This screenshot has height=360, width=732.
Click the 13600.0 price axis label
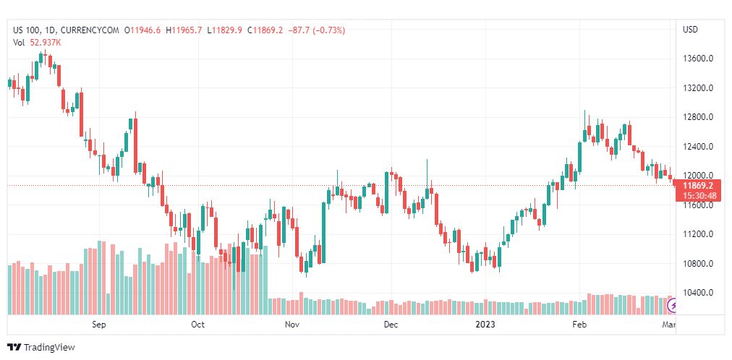point(699,59)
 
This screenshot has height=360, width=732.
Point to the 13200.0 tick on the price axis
point(699,88)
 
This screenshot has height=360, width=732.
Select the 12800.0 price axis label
point(699,117)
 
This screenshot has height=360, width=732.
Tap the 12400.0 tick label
point(699,147)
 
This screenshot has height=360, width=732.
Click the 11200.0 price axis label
point(699,234)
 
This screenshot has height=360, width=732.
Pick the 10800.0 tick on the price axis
point(699,264)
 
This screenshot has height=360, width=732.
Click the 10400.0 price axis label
point(699,293)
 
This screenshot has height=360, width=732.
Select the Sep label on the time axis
point(99,325)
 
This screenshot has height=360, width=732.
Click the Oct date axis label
point(197,325)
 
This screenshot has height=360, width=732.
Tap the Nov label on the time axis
point(292,325)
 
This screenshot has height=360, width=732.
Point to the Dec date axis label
point(391,325)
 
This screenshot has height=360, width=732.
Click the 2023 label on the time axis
point(485,325)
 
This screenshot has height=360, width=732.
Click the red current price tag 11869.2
point(699,186)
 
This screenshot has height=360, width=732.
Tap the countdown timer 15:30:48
point(699,196)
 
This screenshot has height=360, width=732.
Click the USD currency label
point(690,30)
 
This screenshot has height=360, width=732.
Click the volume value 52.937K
point(45,42)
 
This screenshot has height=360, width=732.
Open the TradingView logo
point(41,348)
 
